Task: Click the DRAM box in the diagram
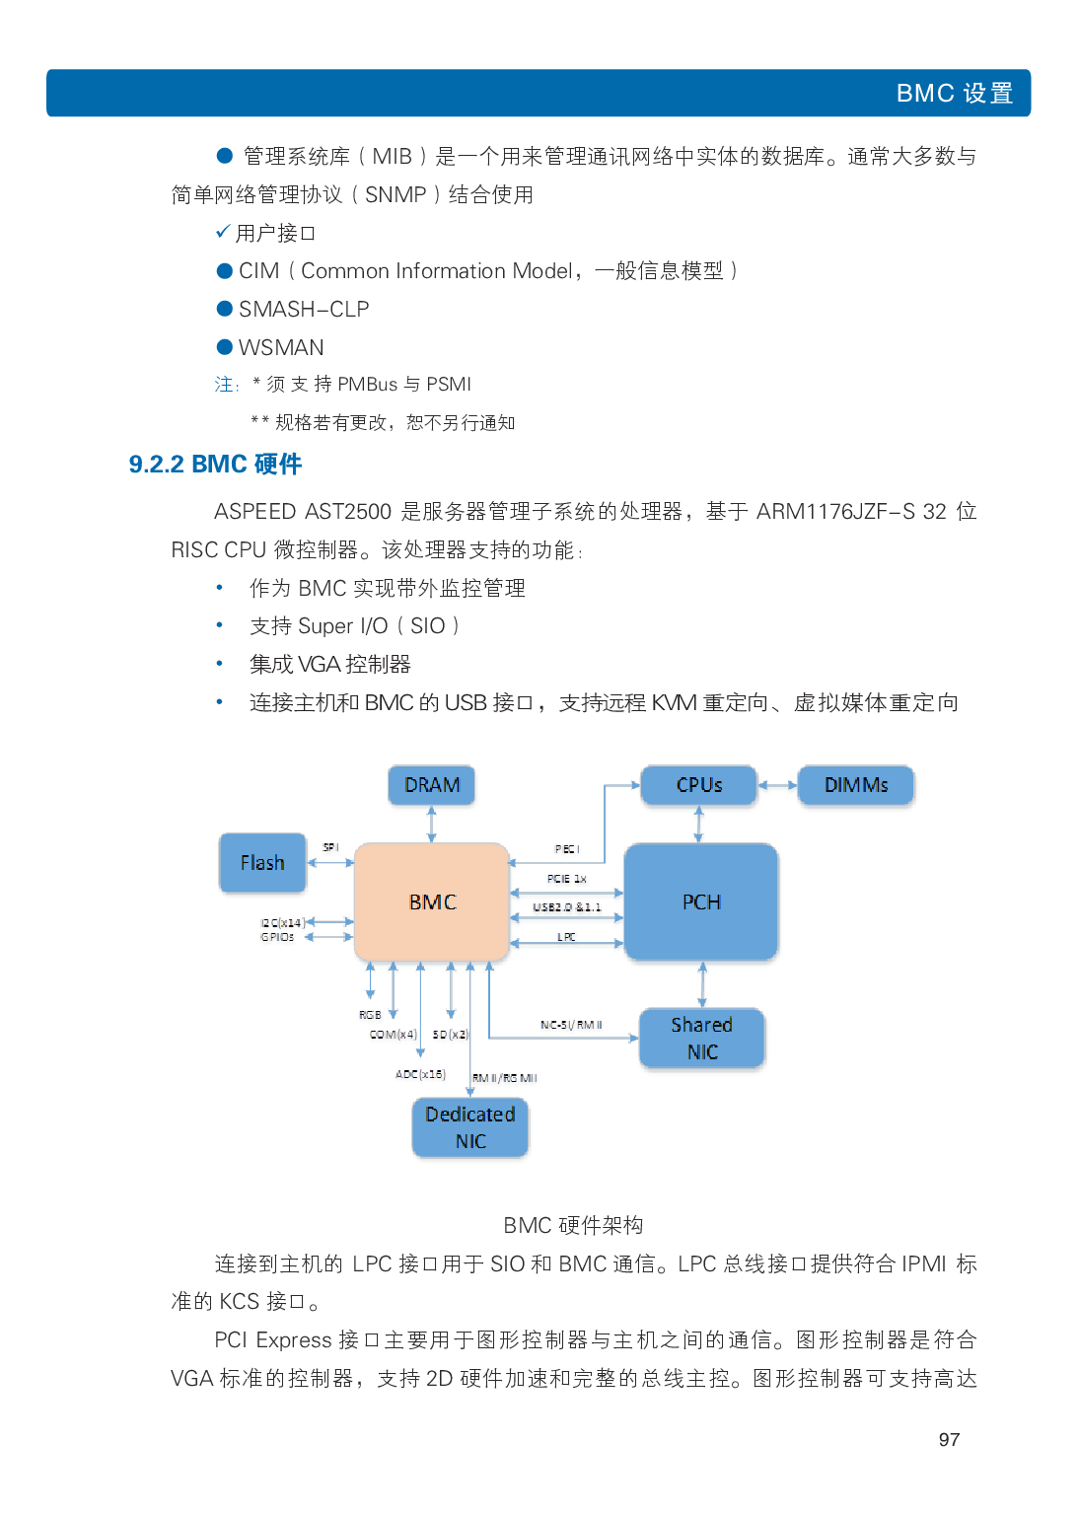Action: pyautogui.click(x=431, y=785)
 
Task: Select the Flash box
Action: pyautogui.click(x=262, y=863)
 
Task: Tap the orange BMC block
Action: pyautogui.click(x=432, y=901)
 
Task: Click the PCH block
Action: pyautogui.click(x=701, y=901)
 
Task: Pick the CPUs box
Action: pyautogui.click(x=698, y=785)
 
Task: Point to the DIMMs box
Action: pyautogui.click(x=855, y=785)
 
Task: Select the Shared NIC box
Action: pyautogui.click(x=701, y=1038)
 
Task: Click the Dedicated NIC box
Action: pyautogui.click(x=470, y=1127)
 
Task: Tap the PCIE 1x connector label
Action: pyautogui.click(x=567, y=878)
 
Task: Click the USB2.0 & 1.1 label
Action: pyautogui.click(x=567, y=907)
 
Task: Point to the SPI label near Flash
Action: pyautogui.click(x=330, y=847)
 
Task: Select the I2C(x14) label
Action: pyautogui.click(x=282, y=923)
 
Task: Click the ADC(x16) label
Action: pyautogui.click(x=420, y=1074)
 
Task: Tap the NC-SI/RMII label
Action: pyautogui.click(x=571, y=1025)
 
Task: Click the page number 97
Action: pyautogui.click(x=949, y=1440)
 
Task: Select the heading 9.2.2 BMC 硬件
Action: pyautogui.click(x=215, y=464)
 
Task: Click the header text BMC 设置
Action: pyautogui.click(x=954, y=94)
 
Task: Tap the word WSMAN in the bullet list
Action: pyautogui.click(x=281, y=347)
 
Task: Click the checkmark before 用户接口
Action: pyautogui.click(x=223, y=232)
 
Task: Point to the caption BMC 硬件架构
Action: pyautogui.click(x=573, y=1225)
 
